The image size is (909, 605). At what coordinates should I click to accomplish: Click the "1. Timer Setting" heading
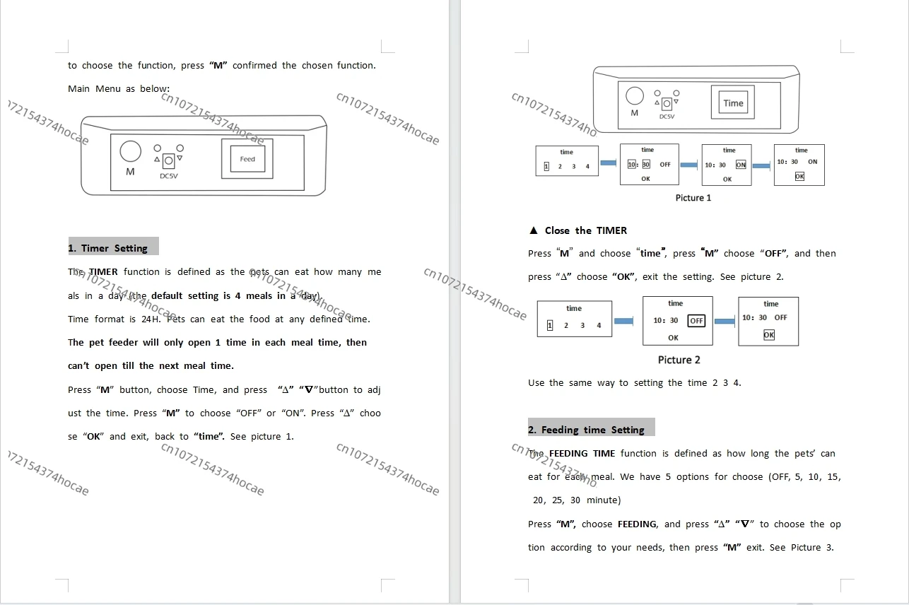coord(108,248)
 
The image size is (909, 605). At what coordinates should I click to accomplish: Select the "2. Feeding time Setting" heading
coord(586,430)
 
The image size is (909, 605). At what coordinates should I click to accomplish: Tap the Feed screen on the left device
coord(247,159)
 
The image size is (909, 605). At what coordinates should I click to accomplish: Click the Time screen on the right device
coord(733,103)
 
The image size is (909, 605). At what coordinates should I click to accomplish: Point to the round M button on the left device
coord(130,151)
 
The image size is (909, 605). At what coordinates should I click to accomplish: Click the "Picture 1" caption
coord(693,198)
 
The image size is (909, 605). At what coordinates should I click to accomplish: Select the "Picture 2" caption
coord(679,360)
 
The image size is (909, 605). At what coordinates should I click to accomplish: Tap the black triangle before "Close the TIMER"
coord(534,230)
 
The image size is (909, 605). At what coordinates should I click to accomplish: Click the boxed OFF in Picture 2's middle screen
coord(696,321)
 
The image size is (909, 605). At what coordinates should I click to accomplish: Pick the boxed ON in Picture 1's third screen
coord(741,165)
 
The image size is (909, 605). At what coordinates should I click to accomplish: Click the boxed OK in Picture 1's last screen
coord(799,177)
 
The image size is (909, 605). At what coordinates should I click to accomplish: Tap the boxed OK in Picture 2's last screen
coord(769,335)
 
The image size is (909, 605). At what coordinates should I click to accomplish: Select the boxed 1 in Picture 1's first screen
coord(546,167)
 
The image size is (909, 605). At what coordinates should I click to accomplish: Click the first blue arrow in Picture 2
coord(623,322)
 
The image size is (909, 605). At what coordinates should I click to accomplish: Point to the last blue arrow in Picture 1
coord(761,166)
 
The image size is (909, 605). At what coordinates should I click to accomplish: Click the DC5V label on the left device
coord(169,176)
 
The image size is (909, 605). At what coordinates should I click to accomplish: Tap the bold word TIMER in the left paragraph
coord(103,272)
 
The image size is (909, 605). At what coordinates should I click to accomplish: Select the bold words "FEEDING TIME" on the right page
coord(582,454)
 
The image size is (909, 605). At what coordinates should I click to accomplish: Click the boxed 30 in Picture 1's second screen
coord(646,165)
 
